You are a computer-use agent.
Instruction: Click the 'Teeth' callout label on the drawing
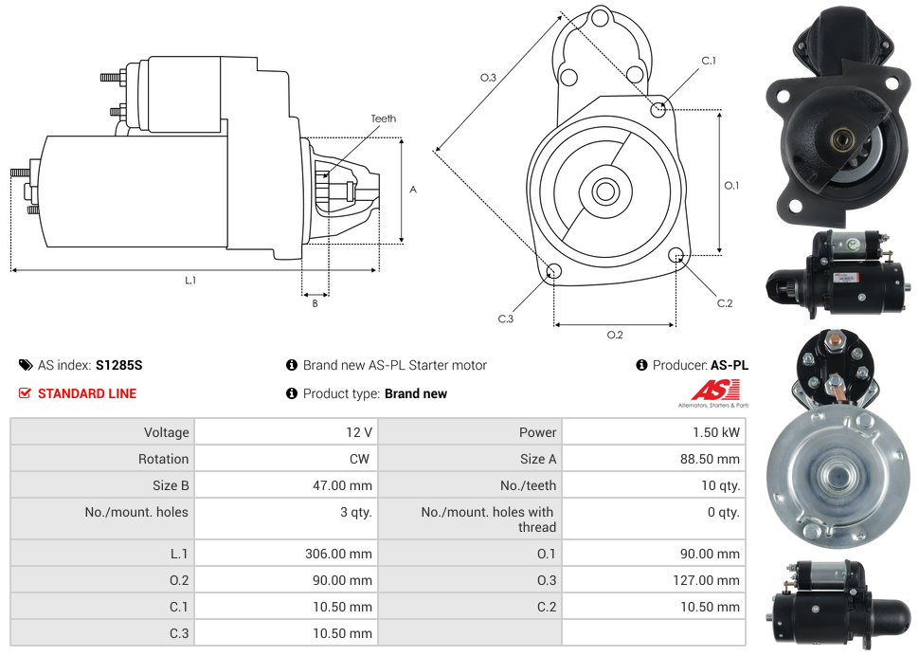point(383,118)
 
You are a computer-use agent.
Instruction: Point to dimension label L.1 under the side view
point(190,280)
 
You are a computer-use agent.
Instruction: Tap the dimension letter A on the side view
point(413,190)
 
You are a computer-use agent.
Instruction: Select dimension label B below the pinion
point(315,303)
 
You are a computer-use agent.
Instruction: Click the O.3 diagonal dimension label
point(488,78)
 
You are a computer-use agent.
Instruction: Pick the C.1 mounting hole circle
point(658,109)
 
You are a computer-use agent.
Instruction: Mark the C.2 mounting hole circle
point(676,255)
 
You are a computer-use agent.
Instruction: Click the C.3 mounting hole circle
point(554,273)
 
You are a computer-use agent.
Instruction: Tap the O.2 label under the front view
point(615,334)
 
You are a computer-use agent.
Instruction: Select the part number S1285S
point(118,365)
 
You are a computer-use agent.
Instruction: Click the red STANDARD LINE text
point(87,393)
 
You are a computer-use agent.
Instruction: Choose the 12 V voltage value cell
point(359,432)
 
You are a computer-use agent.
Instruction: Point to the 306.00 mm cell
point(338,554)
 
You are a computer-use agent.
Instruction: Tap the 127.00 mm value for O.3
point(707,580)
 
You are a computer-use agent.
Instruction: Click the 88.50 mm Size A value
point(710,459)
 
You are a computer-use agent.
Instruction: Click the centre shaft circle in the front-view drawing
point(604,191)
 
